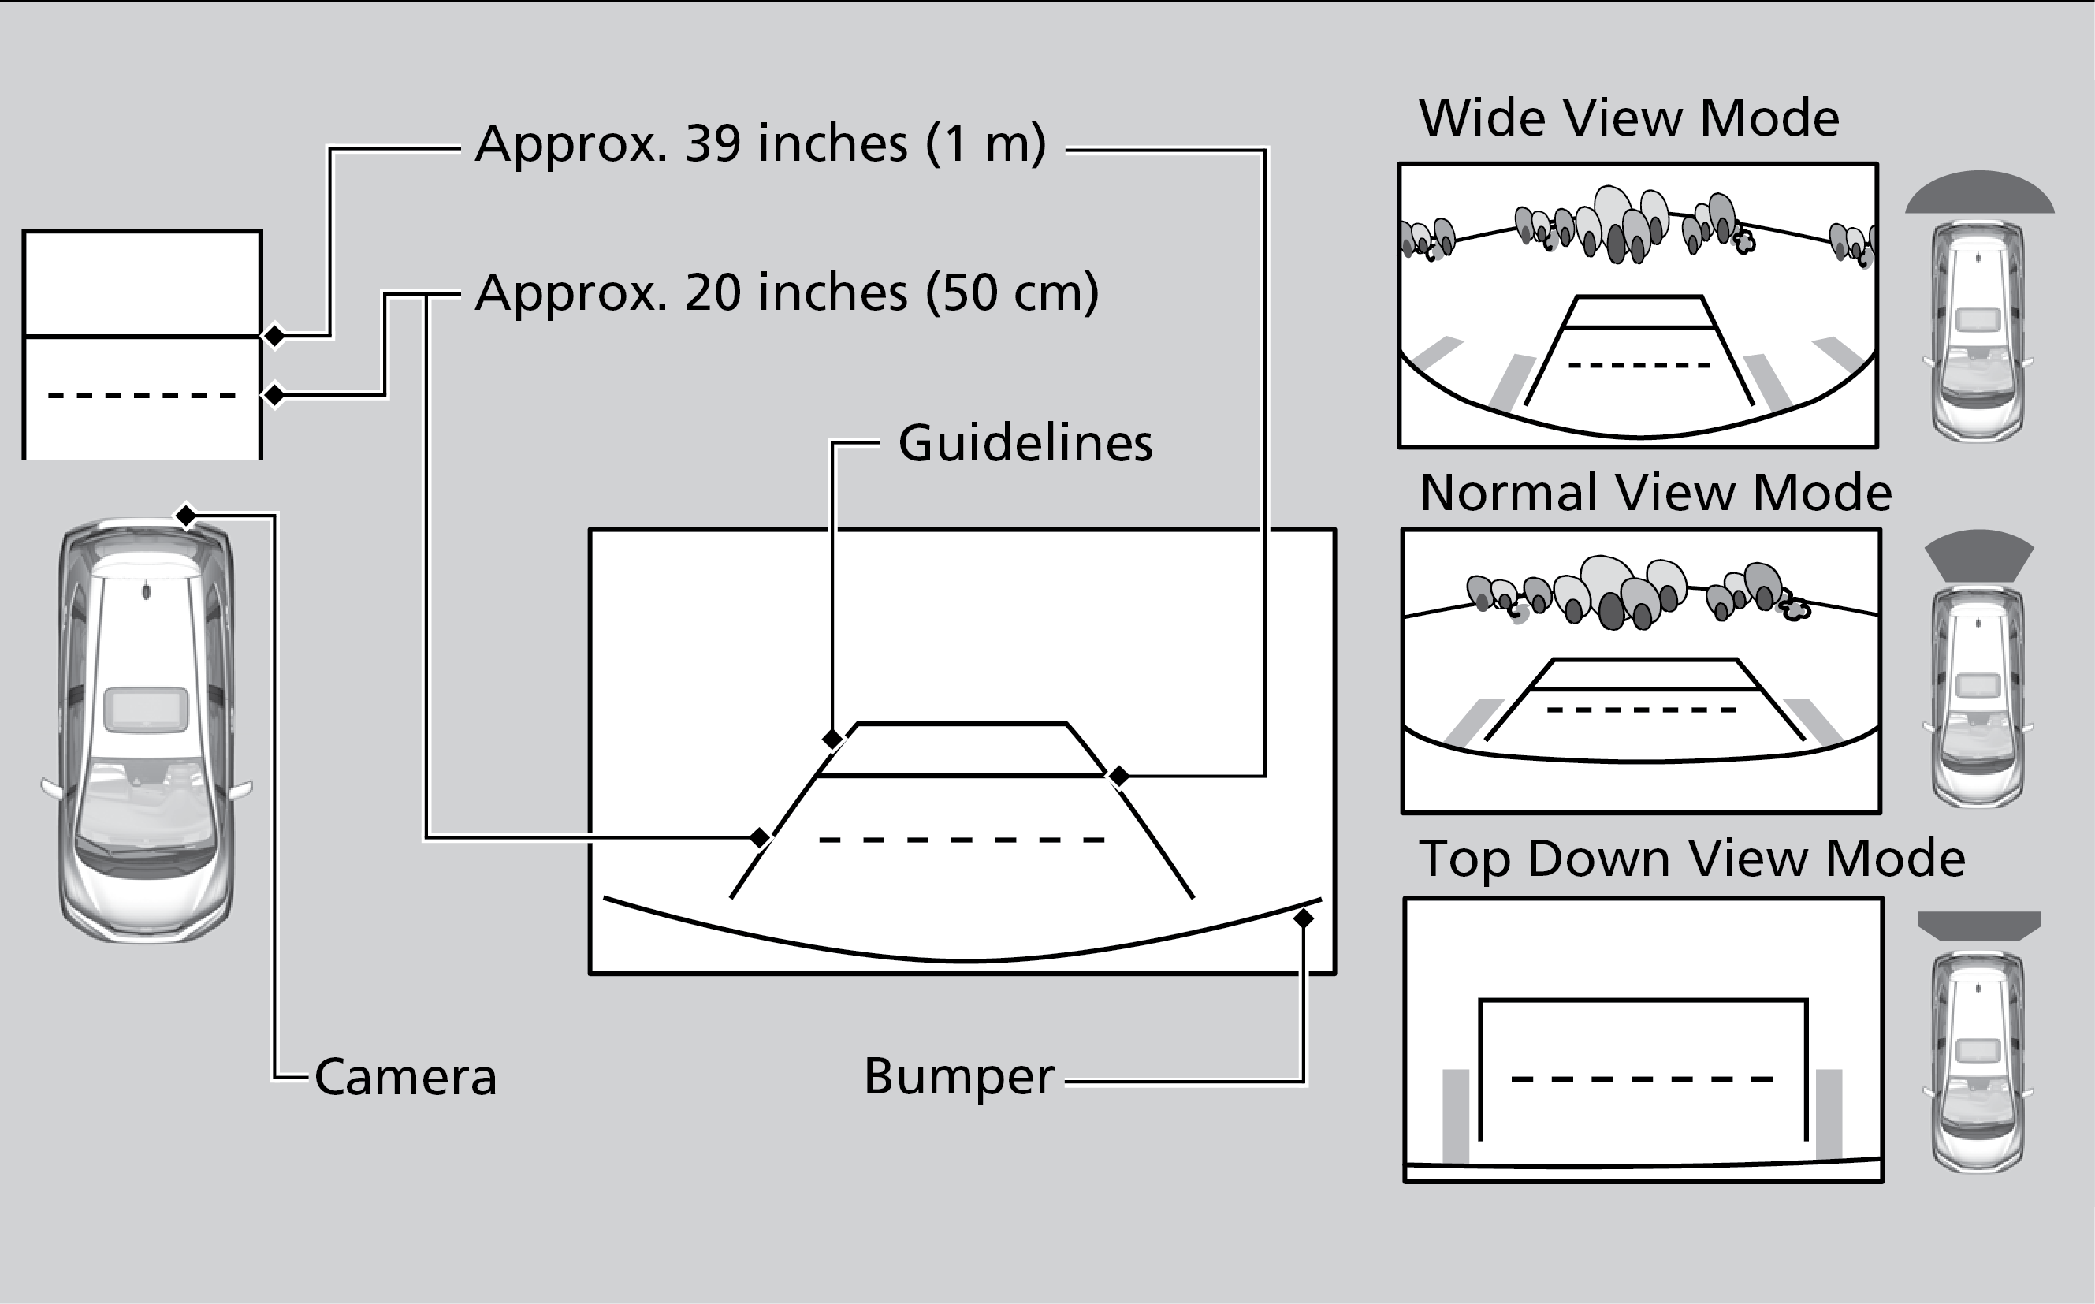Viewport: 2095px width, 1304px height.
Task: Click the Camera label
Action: [x=405, y=1077]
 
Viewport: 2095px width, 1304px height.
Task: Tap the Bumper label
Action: [x=958, y=1076]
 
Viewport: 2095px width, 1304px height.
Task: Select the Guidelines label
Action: [x=1025, y=443]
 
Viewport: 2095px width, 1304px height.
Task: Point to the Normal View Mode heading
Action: [x=1655, y=493]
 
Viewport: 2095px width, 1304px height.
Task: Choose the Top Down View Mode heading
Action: [x=1691, y=859]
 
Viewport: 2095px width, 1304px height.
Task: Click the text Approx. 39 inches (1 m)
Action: [x=761, y=143]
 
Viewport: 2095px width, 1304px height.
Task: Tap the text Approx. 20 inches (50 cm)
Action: [x=787, y=293]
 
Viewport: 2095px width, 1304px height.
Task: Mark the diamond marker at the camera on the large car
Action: [x=185, y=516]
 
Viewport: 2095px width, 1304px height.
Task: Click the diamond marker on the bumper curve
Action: [x=1303, y=918]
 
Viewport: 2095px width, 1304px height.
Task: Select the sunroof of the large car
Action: [x=146, y=710]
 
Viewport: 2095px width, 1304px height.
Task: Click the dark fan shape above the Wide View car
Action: [x=1979, y=193]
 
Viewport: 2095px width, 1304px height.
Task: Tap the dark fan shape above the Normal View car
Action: [x=1979, y=553]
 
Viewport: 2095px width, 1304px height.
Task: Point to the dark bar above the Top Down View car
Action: [x=1979, y=925]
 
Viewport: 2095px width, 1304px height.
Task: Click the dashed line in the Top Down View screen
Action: [x=1642, y=1079]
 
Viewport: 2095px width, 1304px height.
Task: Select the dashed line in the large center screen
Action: [x=962, y=839]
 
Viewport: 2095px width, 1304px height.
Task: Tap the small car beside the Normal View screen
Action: [x=1978, y=697]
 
